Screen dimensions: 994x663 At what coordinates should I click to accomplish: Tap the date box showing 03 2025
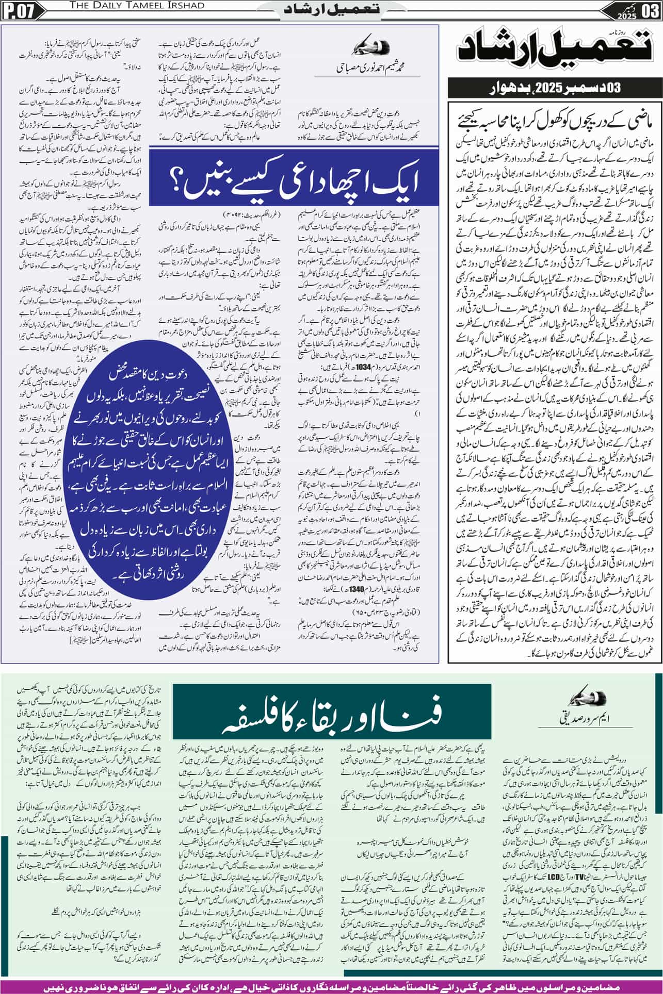[640, 10]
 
